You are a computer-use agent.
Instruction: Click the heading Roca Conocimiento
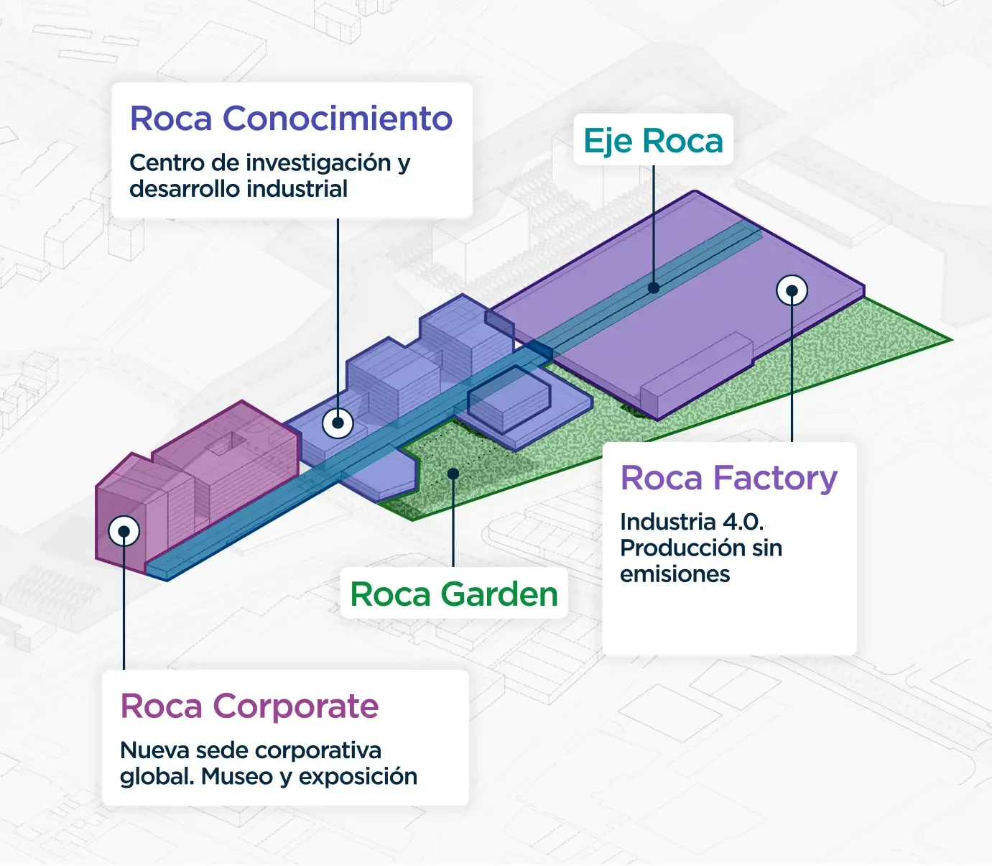click(292, 119)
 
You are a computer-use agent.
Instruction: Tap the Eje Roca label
click(653, 141)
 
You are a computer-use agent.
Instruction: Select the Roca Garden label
click(454, 594)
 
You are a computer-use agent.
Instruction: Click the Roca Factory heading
click(728, 479)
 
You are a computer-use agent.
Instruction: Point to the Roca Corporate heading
click(249, 706)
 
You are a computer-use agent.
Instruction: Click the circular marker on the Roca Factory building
click(792, 290)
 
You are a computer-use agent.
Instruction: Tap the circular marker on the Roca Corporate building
click(124, 531)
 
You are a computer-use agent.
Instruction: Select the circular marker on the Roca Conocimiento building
click(338, 423)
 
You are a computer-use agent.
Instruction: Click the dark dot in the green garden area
click(453, 474)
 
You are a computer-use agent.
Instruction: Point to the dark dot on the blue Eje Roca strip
click(654, 287)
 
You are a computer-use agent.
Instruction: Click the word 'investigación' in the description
click(322, 163)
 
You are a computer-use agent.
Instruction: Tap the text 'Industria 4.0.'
click(692, 522)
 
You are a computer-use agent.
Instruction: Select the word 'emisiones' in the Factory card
click(675, 574)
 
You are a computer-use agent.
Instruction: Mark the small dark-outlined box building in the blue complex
click(509, 400)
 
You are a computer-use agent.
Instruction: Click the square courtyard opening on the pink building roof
click(226, 444)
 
